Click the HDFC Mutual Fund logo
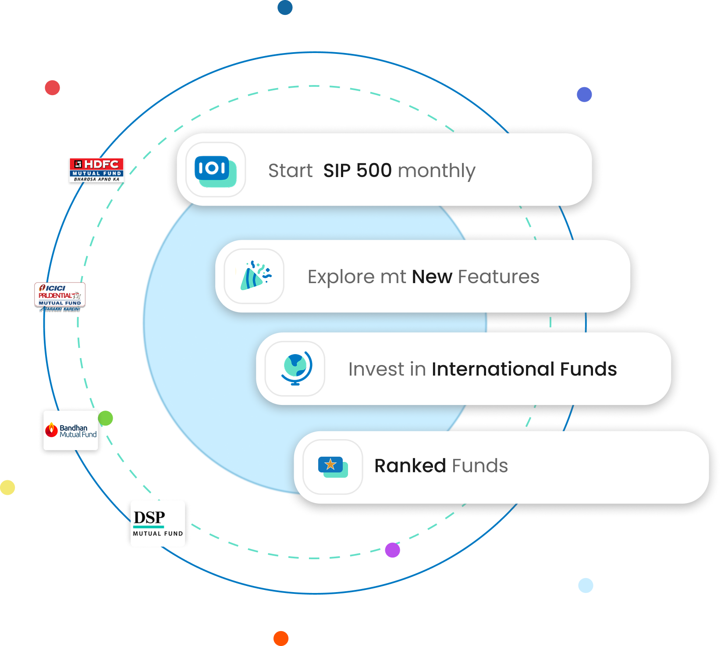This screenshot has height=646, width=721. click(x=97, y=170)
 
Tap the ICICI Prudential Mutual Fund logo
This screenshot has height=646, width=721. click(x=60, y=296)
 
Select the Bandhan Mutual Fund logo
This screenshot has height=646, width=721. click(x=71, y=431)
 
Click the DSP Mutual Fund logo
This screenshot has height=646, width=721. click(x=158, y=523)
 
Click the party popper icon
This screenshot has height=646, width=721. click(x=255, y=276)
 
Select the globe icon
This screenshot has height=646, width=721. click(x=296, y=369)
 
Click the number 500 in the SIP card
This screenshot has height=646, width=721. click(x=374, y=170)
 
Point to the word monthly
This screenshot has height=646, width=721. click(x=437, y=171)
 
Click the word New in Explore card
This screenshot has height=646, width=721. click(x=432, y=277)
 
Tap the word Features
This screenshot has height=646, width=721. click(x=498, y=277)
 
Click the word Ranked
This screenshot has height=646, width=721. click(x=410, y=466)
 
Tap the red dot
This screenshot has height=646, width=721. click(x=52, y=88)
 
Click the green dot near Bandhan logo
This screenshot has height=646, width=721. click(x=106, y=418)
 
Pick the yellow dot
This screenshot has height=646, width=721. click(x=8, y=487)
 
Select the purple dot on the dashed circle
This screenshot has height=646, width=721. click(x=392, y=550)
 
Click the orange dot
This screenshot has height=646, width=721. click(x=281, y=638)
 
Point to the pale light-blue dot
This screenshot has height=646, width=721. click(x=586, y=586)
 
